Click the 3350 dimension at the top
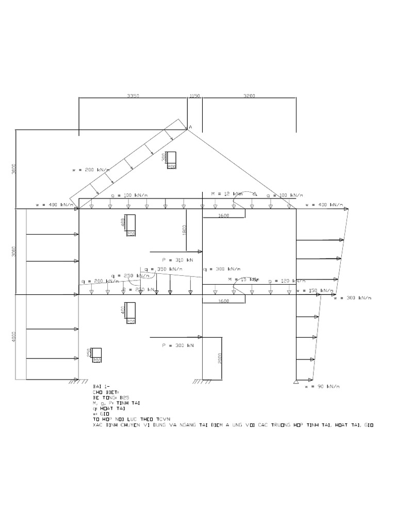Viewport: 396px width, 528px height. (x=133, y=96)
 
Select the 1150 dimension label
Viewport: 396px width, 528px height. (x=194, y=96)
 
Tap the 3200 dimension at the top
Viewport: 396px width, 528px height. (x=250, y=96)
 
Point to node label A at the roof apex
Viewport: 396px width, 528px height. (x=190, y=127)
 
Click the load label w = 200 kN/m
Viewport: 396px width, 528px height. (x=91, y=170)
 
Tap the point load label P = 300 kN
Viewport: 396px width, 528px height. (x=177, y=345)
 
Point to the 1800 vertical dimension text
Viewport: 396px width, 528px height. (x=184, y=230)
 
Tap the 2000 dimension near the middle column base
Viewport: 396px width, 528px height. (x=219, y=359)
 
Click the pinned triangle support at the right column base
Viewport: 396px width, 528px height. (x=296, y=382)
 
